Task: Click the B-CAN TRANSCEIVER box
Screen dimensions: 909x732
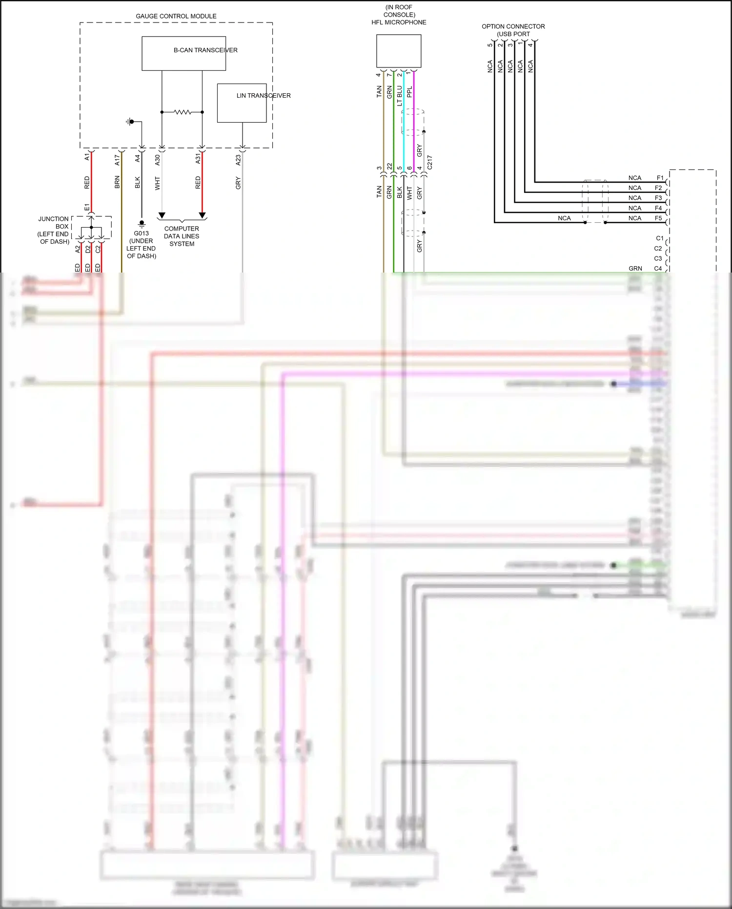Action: (183, 54)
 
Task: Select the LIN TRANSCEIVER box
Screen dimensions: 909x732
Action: (242, 103)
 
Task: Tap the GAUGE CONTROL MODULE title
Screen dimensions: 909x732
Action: (176, 16)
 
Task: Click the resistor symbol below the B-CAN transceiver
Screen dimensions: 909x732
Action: (182, 112)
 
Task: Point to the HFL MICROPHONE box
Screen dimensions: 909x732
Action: (398, 51)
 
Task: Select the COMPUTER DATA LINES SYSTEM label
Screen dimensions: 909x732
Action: (182, 236)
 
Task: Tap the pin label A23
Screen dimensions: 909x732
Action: (238, 160)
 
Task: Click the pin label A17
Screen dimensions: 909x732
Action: (117, 160)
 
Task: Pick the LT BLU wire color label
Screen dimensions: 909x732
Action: (400, 96)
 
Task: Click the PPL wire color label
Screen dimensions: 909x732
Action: (409, 91)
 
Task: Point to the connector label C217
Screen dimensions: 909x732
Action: (429, 162)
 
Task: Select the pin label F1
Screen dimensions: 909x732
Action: (660, 178)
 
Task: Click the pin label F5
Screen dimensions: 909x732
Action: (658, 218)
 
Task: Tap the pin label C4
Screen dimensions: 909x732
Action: (658, 269)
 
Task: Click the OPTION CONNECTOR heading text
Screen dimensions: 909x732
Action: (513, 26)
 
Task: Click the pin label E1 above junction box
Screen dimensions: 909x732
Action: (87, 207)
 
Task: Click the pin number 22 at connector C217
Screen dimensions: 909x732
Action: (389, 167)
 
